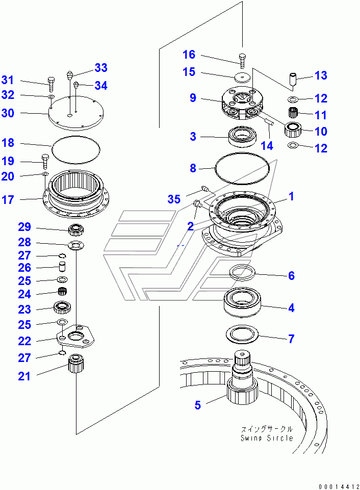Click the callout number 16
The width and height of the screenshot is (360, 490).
click(x=189, y=55)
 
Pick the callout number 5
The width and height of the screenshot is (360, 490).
click(x=197, y=405)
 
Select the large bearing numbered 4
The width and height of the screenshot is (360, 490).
click(x=243, y=302)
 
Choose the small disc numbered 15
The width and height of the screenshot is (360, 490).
click(x=242, y=78)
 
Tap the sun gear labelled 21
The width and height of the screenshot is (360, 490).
click(x=75, y=365)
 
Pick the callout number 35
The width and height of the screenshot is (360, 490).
click(x=174, y=199)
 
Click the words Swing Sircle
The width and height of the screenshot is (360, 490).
click(x=267, y=438)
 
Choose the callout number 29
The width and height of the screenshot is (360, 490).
click(x=25, y=227)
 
